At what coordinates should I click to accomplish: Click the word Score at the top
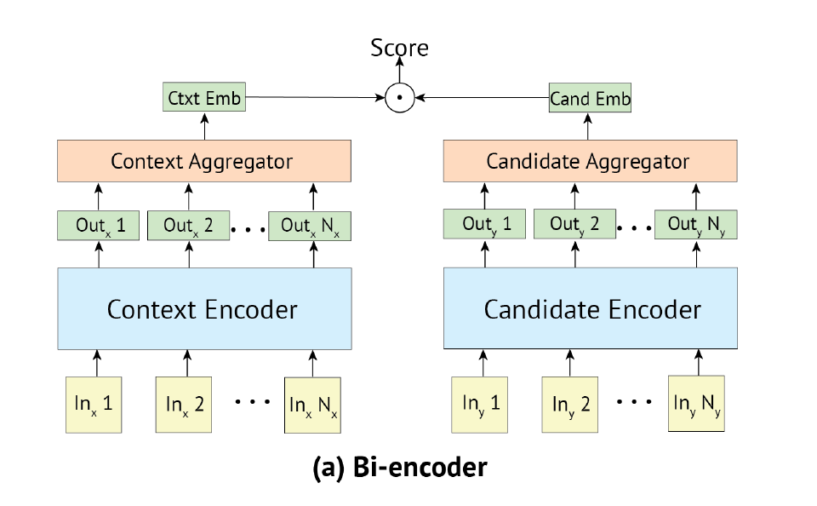click(399, 48)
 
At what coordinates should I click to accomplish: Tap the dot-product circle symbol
click(399, 98)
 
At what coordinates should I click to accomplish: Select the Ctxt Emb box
click(204, 98)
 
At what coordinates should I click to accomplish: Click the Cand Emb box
click(590, 99)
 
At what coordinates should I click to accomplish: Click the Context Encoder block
click(204, 308)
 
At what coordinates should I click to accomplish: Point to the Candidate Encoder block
click(591, 308)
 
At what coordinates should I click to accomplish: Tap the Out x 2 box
click(189, 226)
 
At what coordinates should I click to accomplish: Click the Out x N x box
click(310, 226)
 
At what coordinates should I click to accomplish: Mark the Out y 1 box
click(486, 225)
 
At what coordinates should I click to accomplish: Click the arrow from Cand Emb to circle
click(481, 98)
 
